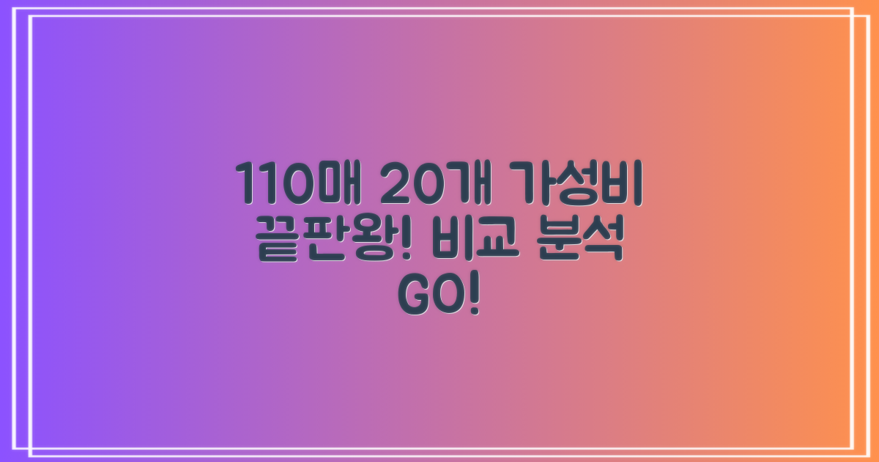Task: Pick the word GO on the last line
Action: tap(430, 293)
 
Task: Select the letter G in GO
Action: tap(412, 293)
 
